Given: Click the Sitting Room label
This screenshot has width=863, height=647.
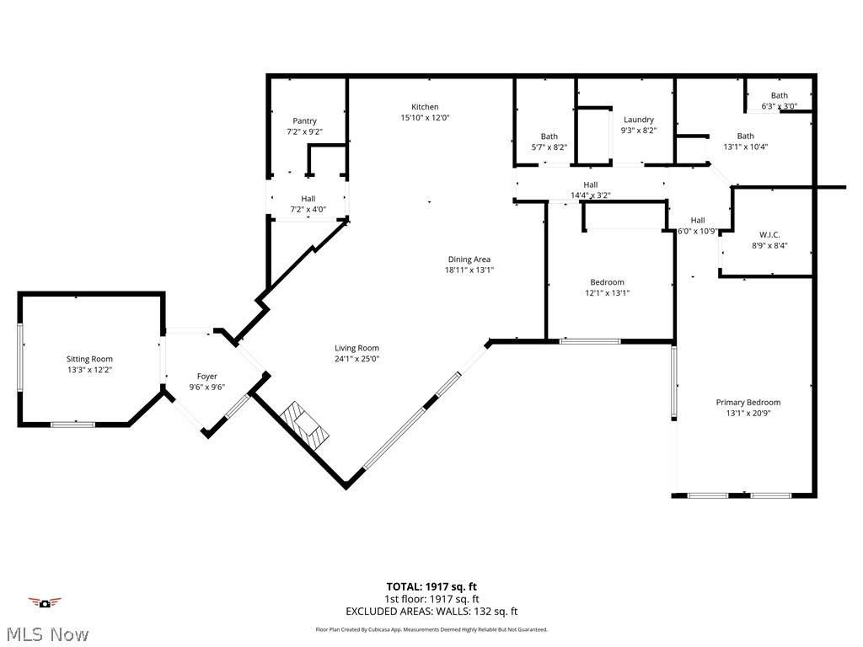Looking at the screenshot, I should (x=89, y=359).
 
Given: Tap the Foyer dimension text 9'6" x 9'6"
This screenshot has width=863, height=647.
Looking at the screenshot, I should (x=206, y=388).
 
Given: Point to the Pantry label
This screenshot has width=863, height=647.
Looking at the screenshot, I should (x=304, y=121).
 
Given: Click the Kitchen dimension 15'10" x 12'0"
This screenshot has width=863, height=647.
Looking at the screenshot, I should (x=425, y=118).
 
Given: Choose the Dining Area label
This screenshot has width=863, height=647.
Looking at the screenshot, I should (x=469, y=259).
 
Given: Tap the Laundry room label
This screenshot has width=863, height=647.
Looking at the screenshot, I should (x=638, y=120).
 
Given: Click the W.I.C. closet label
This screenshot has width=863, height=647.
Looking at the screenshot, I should (x=769, y=234).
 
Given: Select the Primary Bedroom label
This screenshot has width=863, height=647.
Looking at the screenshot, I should (x=748, y=403).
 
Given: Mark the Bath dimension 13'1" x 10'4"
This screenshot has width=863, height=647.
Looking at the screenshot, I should (x=745, y=147).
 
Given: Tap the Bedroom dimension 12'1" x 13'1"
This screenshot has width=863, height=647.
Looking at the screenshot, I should (x=607, y=293).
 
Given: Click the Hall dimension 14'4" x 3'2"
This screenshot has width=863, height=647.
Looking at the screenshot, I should (x=590, y=195).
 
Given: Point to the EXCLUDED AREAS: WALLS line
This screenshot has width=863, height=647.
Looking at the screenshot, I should (x=431, y=612).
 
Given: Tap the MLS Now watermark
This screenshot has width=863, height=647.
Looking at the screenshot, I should (x=46, y=634).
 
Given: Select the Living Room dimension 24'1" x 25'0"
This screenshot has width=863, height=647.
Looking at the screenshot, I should (x=356, y=359).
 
